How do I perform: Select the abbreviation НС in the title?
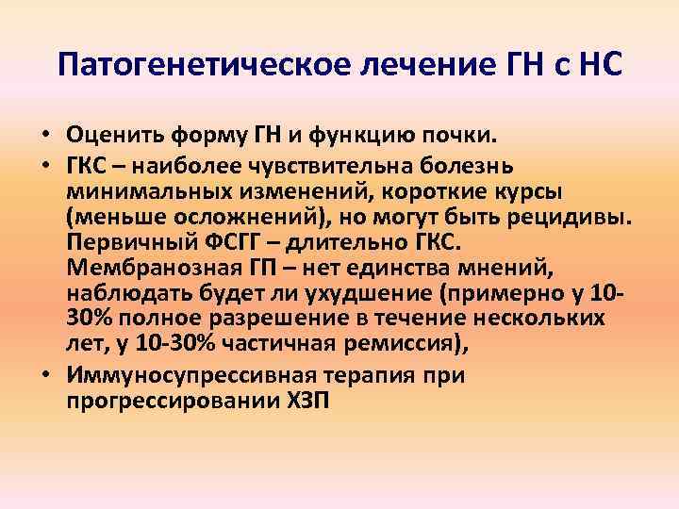tap(593, 66)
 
